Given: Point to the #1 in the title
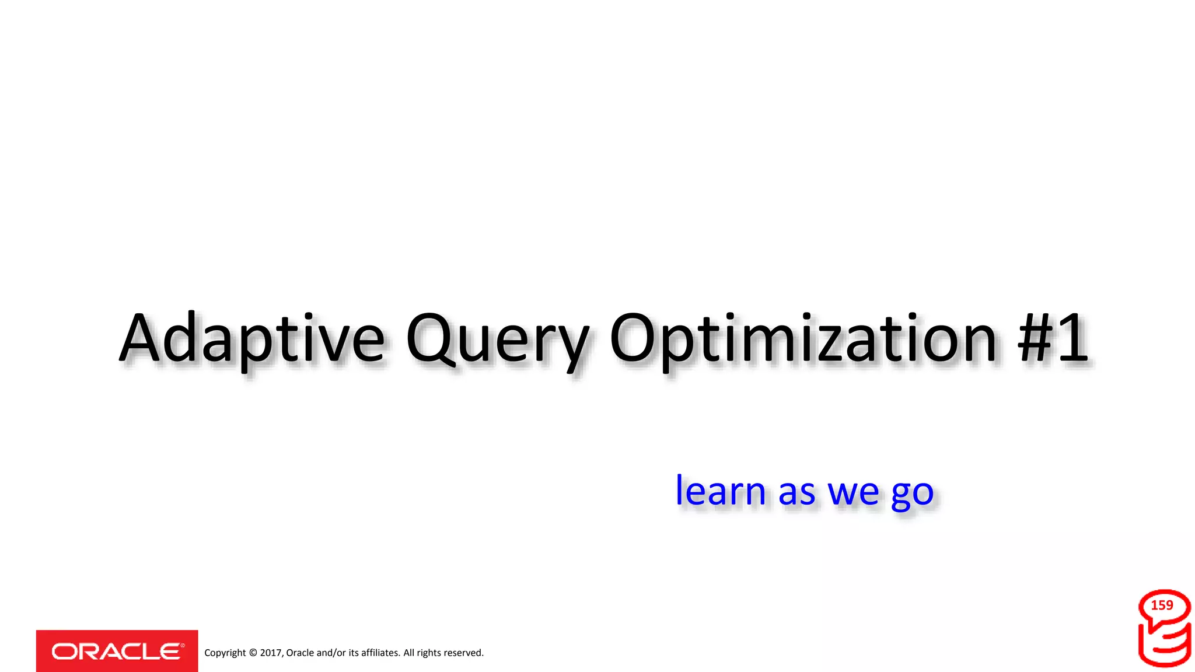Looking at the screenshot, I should (x=1053, y=338).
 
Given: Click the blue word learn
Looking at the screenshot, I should (x=720, y=491).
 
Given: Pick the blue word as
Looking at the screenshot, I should (x=796, y=493).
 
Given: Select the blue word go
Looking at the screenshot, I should (x=913, y=495).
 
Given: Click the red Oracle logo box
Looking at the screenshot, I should (x=117, y=651).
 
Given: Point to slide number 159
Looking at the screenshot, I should (x=1162, y=605).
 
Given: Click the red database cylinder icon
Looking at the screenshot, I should (x=1165, y=642).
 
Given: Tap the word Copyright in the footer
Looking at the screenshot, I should (x=225, y=653).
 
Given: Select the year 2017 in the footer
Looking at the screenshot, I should (x=271, y=653).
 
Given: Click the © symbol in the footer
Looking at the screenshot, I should (x=253, y=653).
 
